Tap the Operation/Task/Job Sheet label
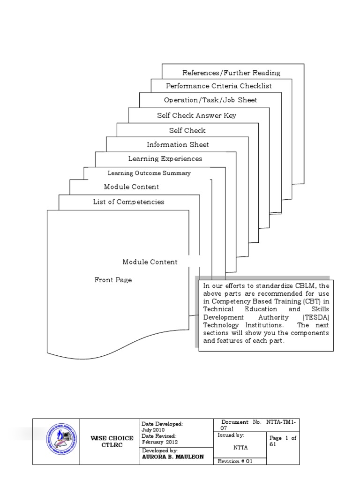click(x=210, y=100)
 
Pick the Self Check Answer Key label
click(x=196, y=115)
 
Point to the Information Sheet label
click(x=178, y=144)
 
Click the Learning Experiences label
click(x=165, y=159)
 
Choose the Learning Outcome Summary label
click(x=149, y=173)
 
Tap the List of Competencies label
click(x=128, y=202)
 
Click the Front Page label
click(x=113, y=280)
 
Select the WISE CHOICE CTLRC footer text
click(x=112, y=442)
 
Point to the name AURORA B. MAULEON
click(x=172, y=457)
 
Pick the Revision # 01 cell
click(x=235, y=461)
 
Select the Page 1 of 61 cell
click(x=283, y=441)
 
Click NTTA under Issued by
click(x=240, y=448)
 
